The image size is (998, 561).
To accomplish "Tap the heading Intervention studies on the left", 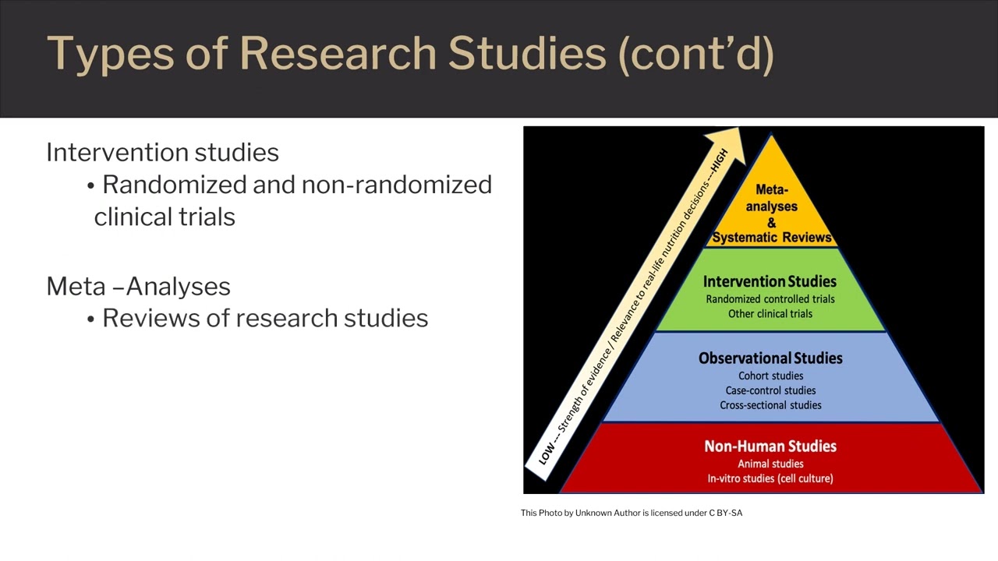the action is [162, 152].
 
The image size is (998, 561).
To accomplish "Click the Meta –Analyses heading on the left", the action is [138, 286].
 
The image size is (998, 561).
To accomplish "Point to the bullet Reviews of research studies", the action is [264, 318].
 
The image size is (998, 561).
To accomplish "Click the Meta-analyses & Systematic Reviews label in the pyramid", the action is [771, 213].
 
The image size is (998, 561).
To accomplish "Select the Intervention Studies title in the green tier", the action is [770, 281].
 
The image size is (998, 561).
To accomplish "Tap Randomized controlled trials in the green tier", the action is [770, 299].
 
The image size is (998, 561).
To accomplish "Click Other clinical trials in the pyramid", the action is [770, 314].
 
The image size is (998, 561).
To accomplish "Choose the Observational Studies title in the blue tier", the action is [770, 358].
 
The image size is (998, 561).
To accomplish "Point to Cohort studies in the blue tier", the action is [770, 376].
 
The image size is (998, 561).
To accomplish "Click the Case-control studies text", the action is [770, 390].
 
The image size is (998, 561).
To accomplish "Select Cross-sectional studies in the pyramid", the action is [770, 405].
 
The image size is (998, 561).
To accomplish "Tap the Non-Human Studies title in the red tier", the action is [770, 446].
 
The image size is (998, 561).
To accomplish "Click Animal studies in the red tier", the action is [770, 464].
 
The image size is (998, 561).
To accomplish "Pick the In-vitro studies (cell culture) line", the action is [770, 478].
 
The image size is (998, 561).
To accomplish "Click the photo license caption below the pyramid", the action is [632, 513].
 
